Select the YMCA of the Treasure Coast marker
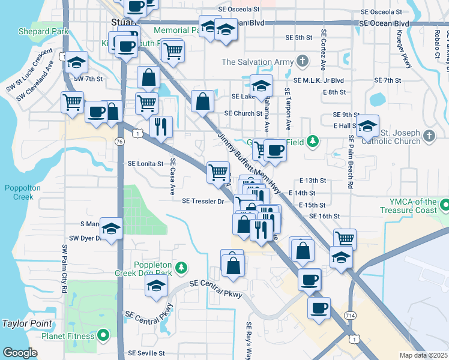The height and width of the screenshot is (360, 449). point(444,206)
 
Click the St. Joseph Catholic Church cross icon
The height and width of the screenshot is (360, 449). point(429,136)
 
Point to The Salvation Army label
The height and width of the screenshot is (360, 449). point(259,62)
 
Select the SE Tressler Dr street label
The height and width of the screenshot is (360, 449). point(203,202)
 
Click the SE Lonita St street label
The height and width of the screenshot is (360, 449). point(145,163)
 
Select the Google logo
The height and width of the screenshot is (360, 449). point(20,352)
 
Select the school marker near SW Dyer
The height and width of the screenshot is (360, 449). point(111,229)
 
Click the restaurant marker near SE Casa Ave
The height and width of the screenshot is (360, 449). point(160,127)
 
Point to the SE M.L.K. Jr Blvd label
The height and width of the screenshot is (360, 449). point(318,80)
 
